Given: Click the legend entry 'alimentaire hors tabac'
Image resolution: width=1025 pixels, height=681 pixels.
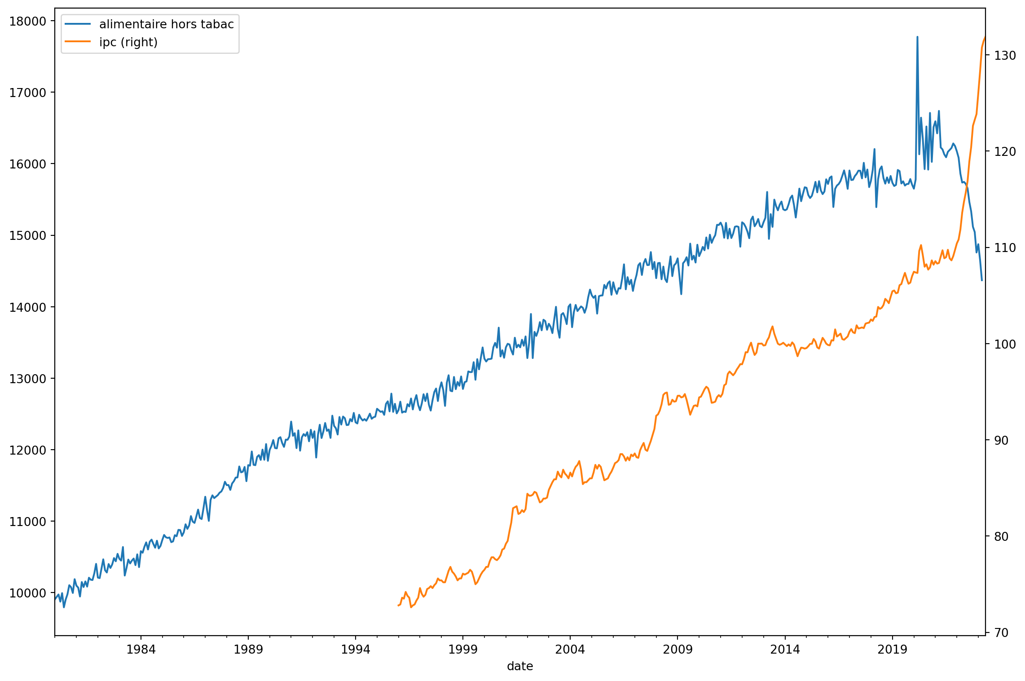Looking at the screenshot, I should [166, 24].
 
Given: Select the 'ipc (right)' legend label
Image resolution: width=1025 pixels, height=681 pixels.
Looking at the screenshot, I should [128, 42].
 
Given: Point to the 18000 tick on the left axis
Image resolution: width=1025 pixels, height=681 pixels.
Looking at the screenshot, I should [28, 22].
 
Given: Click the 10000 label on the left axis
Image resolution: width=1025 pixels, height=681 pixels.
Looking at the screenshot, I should [28, 593].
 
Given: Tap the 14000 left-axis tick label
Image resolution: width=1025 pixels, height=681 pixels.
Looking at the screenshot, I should [28, 308].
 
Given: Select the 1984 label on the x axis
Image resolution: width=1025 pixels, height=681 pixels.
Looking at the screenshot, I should [141, 650].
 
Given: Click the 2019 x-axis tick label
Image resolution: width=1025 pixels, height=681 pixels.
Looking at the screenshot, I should [892, 650].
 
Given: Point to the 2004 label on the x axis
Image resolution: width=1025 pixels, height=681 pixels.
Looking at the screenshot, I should [570, 650].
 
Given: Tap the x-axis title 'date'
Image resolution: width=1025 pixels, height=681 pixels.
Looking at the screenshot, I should [520, 667].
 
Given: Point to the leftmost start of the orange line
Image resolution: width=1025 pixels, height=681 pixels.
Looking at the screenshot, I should [398, 606].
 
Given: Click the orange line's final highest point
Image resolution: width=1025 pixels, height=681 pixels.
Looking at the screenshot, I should [985, 37].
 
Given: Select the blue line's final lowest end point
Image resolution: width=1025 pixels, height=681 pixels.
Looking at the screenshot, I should [982, 280].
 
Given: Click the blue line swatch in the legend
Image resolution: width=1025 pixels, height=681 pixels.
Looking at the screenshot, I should [78, 24].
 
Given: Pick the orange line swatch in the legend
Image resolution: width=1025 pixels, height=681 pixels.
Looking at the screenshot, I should [78, 42].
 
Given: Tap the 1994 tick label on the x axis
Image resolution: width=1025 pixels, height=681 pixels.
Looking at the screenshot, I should [355, 650].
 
